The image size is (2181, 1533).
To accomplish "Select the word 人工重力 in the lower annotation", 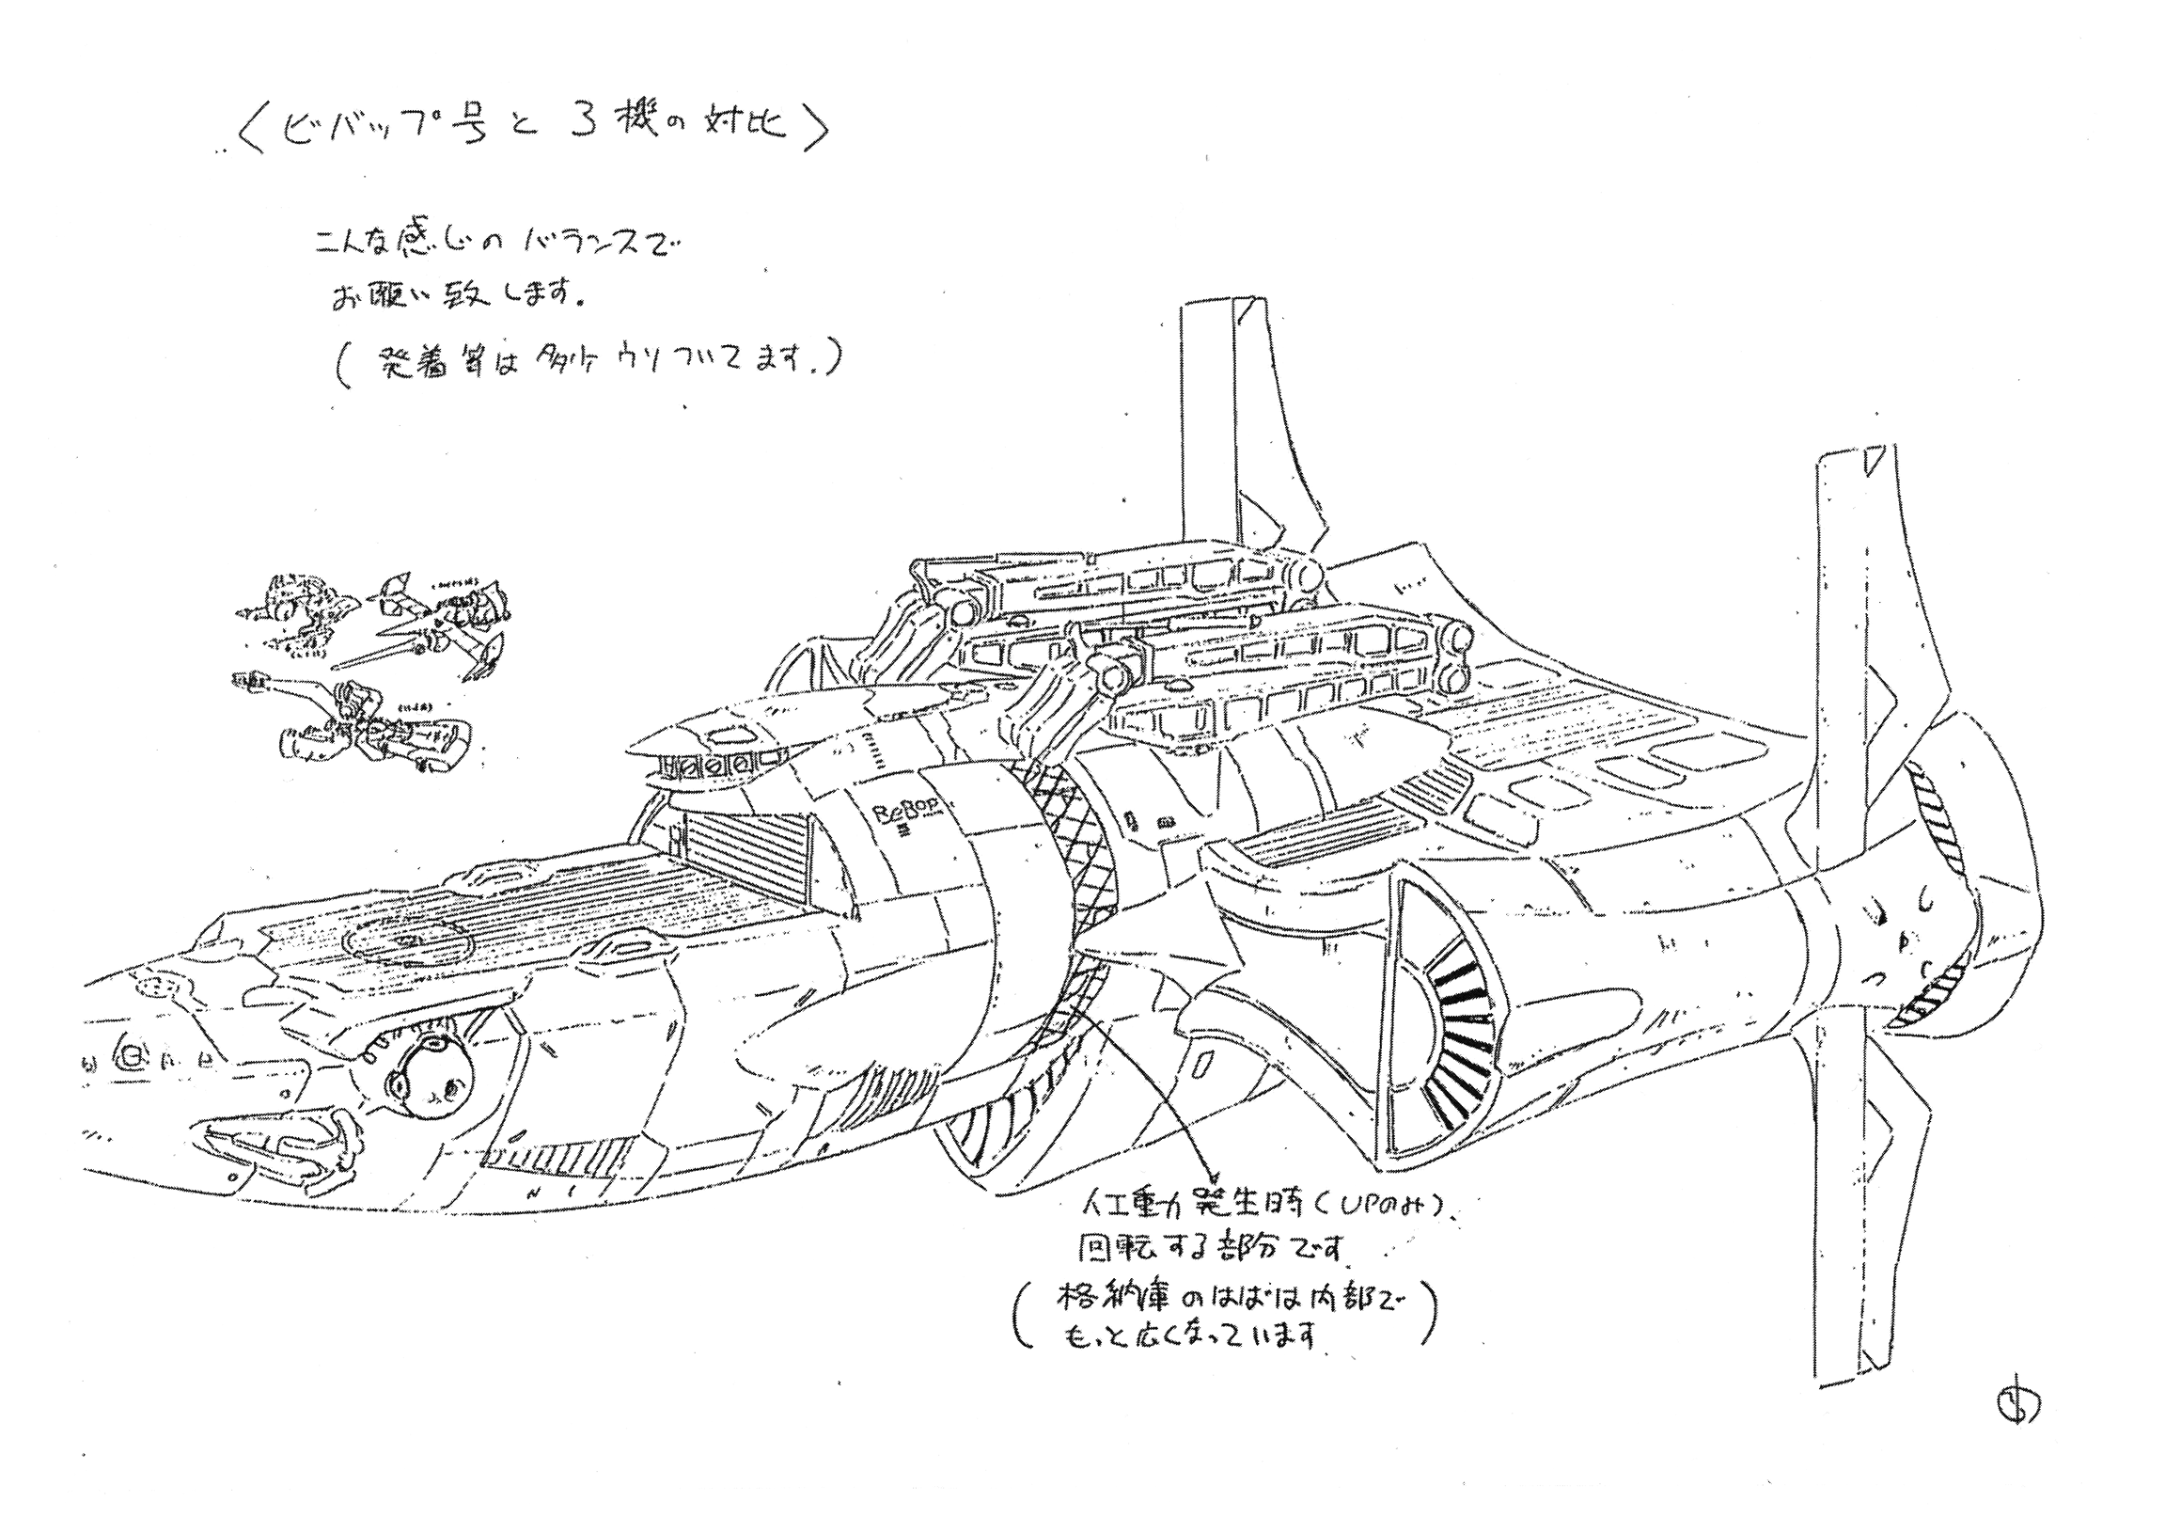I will click(1140, 1212).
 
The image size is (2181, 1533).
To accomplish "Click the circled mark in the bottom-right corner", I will click(2011, 1407).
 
